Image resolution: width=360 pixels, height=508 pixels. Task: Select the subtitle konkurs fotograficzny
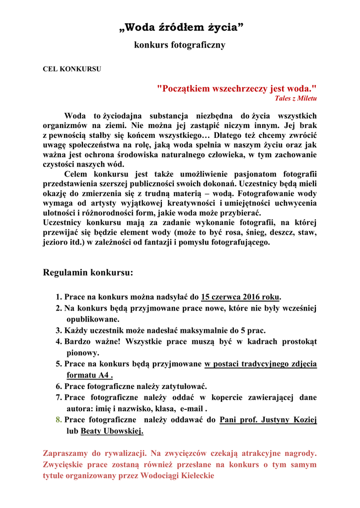pyautogui.click(x=180, y=45)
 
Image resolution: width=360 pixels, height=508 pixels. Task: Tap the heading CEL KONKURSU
pyautogui.click(x=72, y=69)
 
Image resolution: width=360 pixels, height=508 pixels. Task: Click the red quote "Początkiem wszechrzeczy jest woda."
pyautogui.click(x=236, y=89)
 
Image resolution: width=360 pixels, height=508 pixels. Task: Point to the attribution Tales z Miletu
pyautogui.click(x=296, y=98)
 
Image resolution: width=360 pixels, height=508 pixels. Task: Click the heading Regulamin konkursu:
pyautogui.click(x=88, y=272)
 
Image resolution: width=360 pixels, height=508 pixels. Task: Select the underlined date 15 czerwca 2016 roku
pyautogui.click(x=240, y=297)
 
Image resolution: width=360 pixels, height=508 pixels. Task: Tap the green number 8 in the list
pyautogui.click(x=59, y=420)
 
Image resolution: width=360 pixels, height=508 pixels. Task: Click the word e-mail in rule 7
pyautogui.click(x=192, y=409)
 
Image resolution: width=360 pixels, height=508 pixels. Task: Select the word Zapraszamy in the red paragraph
pyautogui.click(x=65, y=453)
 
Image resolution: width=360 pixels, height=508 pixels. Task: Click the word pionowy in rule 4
pyautogui.click(x=83, y=353)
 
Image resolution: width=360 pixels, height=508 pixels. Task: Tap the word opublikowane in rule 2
pyautogui.click(x=93, y=319)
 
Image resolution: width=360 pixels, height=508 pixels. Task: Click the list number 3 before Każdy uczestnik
pyautogui.click(x=59, y=330)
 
